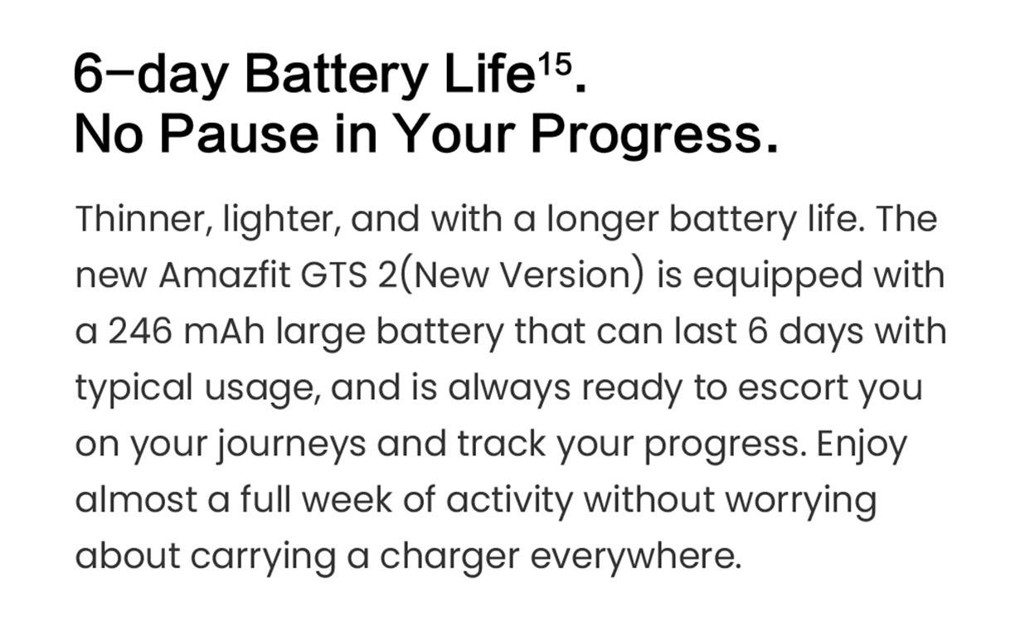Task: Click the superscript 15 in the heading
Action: pos(555,65)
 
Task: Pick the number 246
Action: pos(140,332)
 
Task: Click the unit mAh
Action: pos(224,332)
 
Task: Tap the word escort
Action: pos(793,388)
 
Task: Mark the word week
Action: pos(347,499)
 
